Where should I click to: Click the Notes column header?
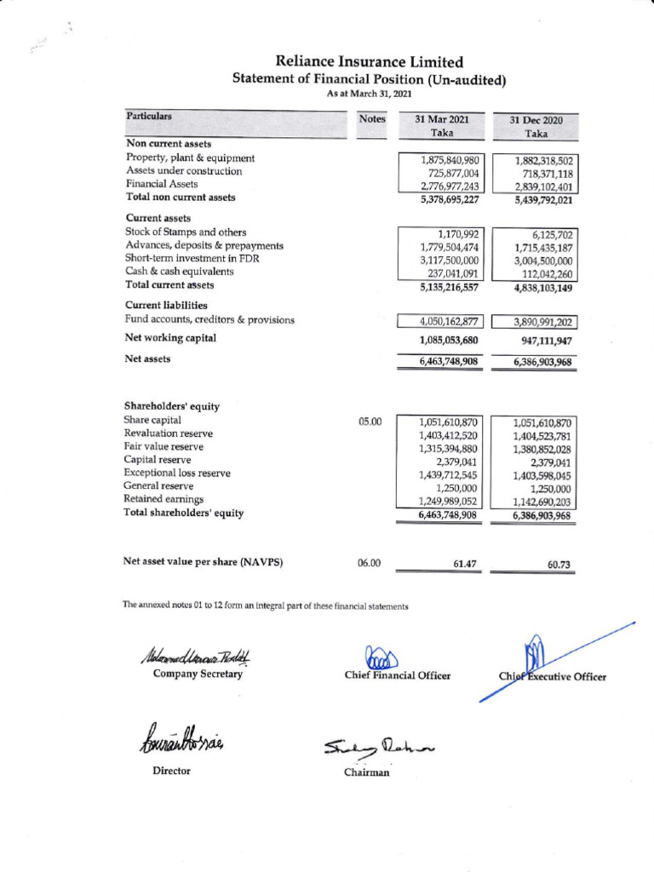coord(372,120)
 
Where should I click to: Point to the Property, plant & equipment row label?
coord(190,158)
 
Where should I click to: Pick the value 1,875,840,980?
coord(450,159)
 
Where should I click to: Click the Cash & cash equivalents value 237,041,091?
coord(452,273)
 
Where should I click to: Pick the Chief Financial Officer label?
coord(397,676)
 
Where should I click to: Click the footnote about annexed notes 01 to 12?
coord(266,605)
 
